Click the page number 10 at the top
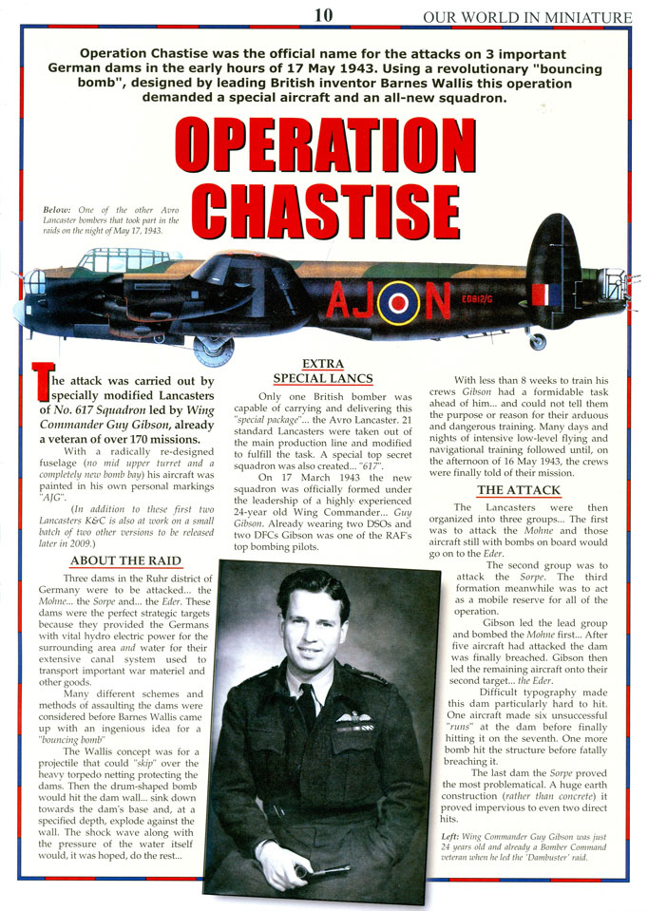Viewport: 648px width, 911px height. coord(324,15)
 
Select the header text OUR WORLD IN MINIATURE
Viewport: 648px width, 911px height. coord(527,17)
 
